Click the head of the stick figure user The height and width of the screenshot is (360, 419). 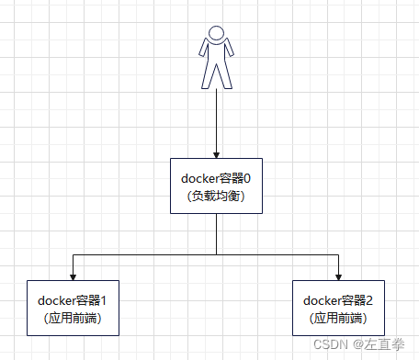(216, 34)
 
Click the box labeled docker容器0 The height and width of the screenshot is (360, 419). (216, 186)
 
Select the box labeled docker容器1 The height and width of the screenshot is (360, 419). (72, 309)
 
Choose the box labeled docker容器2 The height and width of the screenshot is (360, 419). (338, 309)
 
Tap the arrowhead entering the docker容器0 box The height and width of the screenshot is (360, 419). (216, 153)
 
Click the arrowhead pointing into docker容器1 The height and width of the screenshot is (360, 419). (72, 276)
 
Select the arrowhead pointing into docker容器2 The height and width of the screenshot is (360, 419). (338, 276)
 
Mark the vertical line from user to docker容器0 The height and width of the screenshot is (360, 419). (216, 119)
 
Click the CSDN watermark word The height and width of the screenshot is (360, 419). (324, 345)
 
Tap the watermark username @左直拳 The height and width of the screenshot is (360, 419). (378, 345)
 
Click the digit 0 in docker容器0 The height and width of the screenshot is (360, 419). (247, 178)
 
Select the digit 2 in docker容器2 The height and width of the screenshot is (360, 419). (369, 300)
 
